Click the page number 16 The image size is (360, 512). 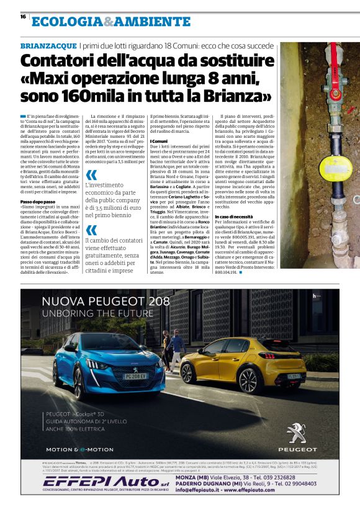(x=22, y=17)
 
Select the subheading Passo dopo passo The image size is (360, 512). (x=38, y=185)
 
